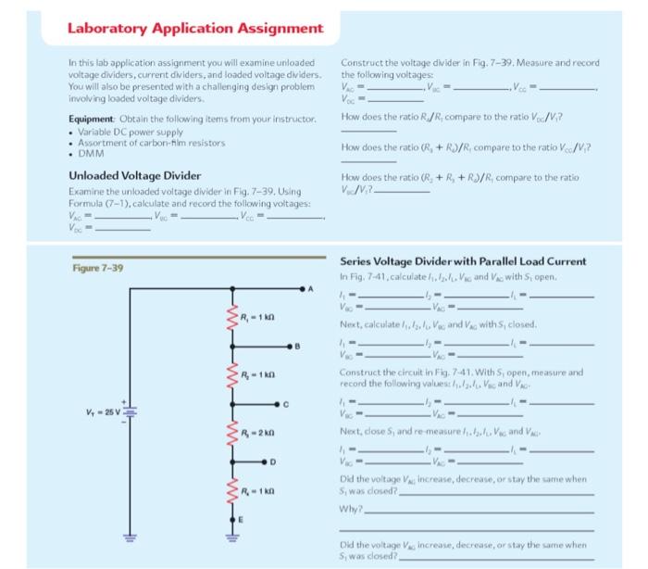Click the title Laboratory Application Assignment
click(194, 27)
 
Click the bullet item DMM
click(91, 153)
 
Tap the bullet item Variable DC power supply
click(127, 132)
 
